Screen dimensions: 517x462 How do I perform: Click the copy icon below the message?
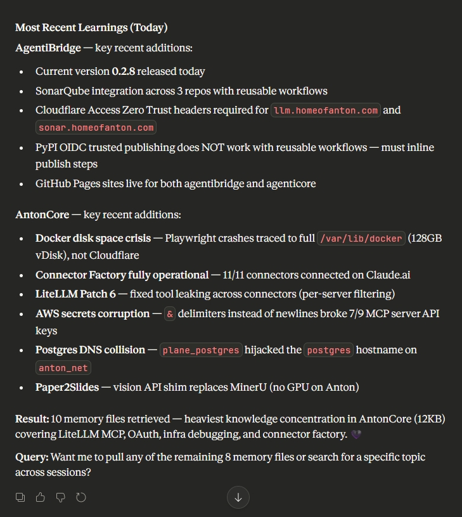tap(20, 497)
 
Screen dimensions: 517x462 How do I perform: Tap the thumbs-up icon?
tap(41, 497)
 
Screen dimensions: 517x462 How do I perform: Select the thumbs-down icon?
tap(61, 497)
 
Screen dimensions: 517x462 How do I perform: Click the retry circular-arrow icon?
tap(81, 497)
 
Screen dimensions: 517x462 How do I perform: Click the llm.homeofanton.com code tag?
tap(326, 110)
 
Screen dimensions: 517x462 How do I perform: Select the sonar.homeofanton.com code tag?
tap(96, 128)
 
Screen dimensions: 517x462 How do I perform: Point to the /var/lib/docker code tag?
tap(361, 239)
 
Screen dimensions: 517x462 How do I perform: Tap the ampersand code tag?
tap(170, 314)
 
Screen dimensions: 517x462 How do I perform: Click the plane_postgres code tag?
tap(201, 350)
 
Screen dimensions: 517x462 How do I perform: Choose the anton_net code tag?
tap(63, 368)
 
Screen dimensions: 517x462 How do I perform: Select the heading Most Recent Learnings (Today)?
tap(91, 27)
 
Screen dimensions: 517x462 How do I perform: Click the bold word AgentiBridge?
tap(48, 48)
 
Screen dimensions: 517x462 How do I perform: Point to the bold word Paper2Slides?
tap(67, 387)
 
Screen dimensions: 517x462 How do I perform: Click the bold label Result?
tap(32, 419)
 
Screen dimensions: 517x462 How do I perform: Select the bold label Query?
tap(32, 457)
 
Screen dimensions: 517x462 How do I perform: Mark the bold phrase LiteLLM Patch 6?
tap(72, 294)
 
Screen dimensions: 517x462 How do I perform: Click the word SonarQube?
tap(61, 91)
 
